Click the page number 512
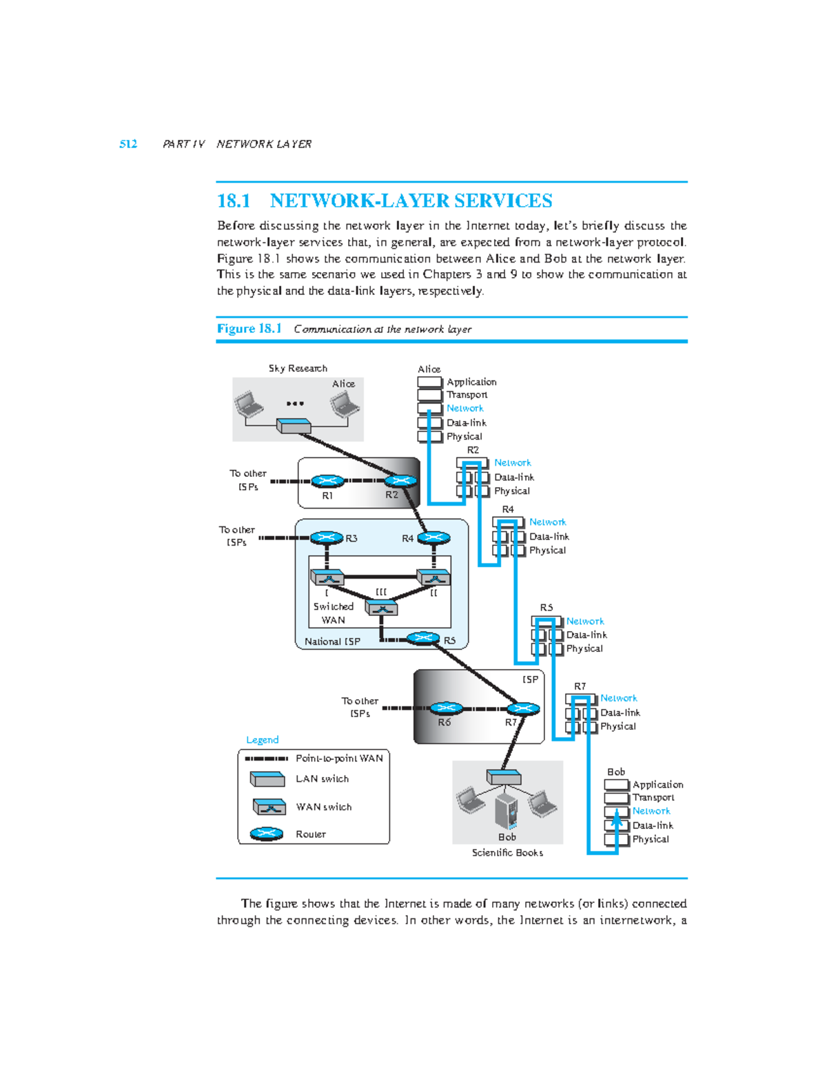pyautogui.click(x=128, y=144)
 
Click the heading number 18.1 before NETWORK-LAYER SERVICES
pyautogui.click(x=234, y=200)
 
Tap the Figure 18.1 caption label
pyautogui.click(x=249, y=329)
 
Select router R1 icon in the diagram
pyautogui.click(x=327, y=482)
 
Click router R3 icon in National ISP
pyautogui.click(x=327, y=537)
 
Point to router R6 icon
pyautogui.click(x=446, y=708)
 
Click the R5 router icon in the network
pyautogui.click(x=423, y=638)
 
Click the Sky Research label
pyautogui.click(x=298, y=369)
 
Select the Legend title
pyautogui.click(x=263, y=740)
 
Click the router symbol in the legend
pyautogui.click(x=267, y=834)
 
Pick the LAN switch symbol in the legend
pyautogui.click(x=267, y=779)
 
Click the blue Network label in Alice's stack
pyautogui.click(x=464, y=409)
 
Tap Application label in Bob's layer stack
pyautogui.click(x=657, y=785)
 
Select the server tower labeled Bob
pyautogui.click(x=507, y=811)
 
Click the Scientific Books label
pyautogui.click(x=507, y=853)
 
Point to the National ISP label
pyautogui.click(x=332, y=641)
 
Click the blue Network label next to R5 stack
pyautogui.click(x=584, y=621)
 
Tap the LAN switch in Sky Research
pyautogui.click(x=294, y=426)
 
